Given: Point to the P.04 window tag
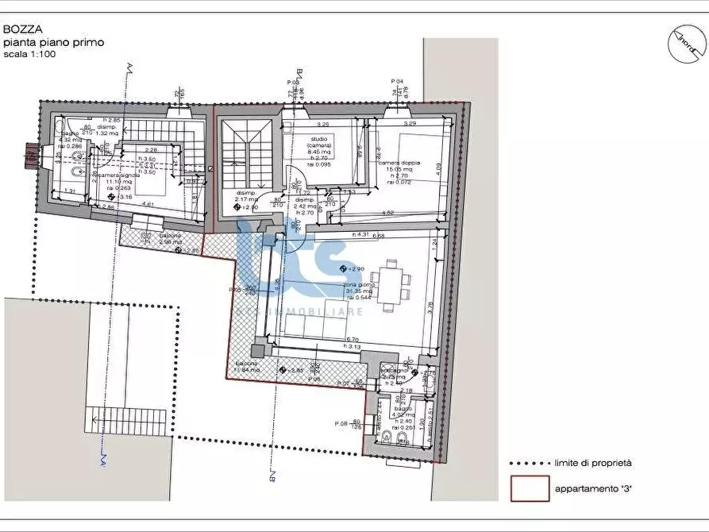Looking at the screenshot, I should pyautogui.click(x=398, y=82).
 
